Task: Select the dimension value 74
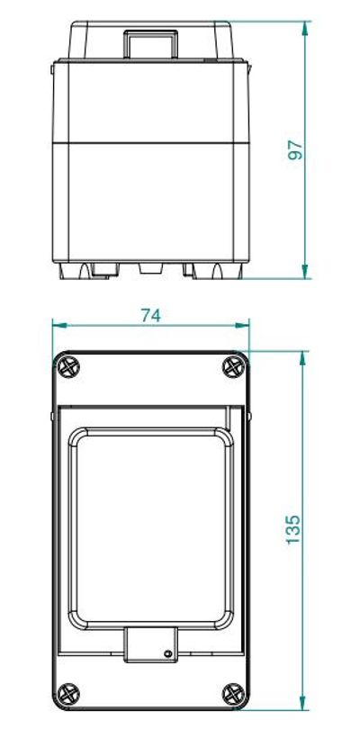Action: click(x=149, y=315)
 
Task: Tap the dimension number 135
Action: click(x=294, y=528)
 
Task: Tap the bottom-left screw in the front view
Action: click(x=68, y=694)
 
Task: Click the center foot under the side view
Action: click(x=150, y=267)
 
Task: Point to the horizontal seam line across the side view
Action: click(x=150, y=142)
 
